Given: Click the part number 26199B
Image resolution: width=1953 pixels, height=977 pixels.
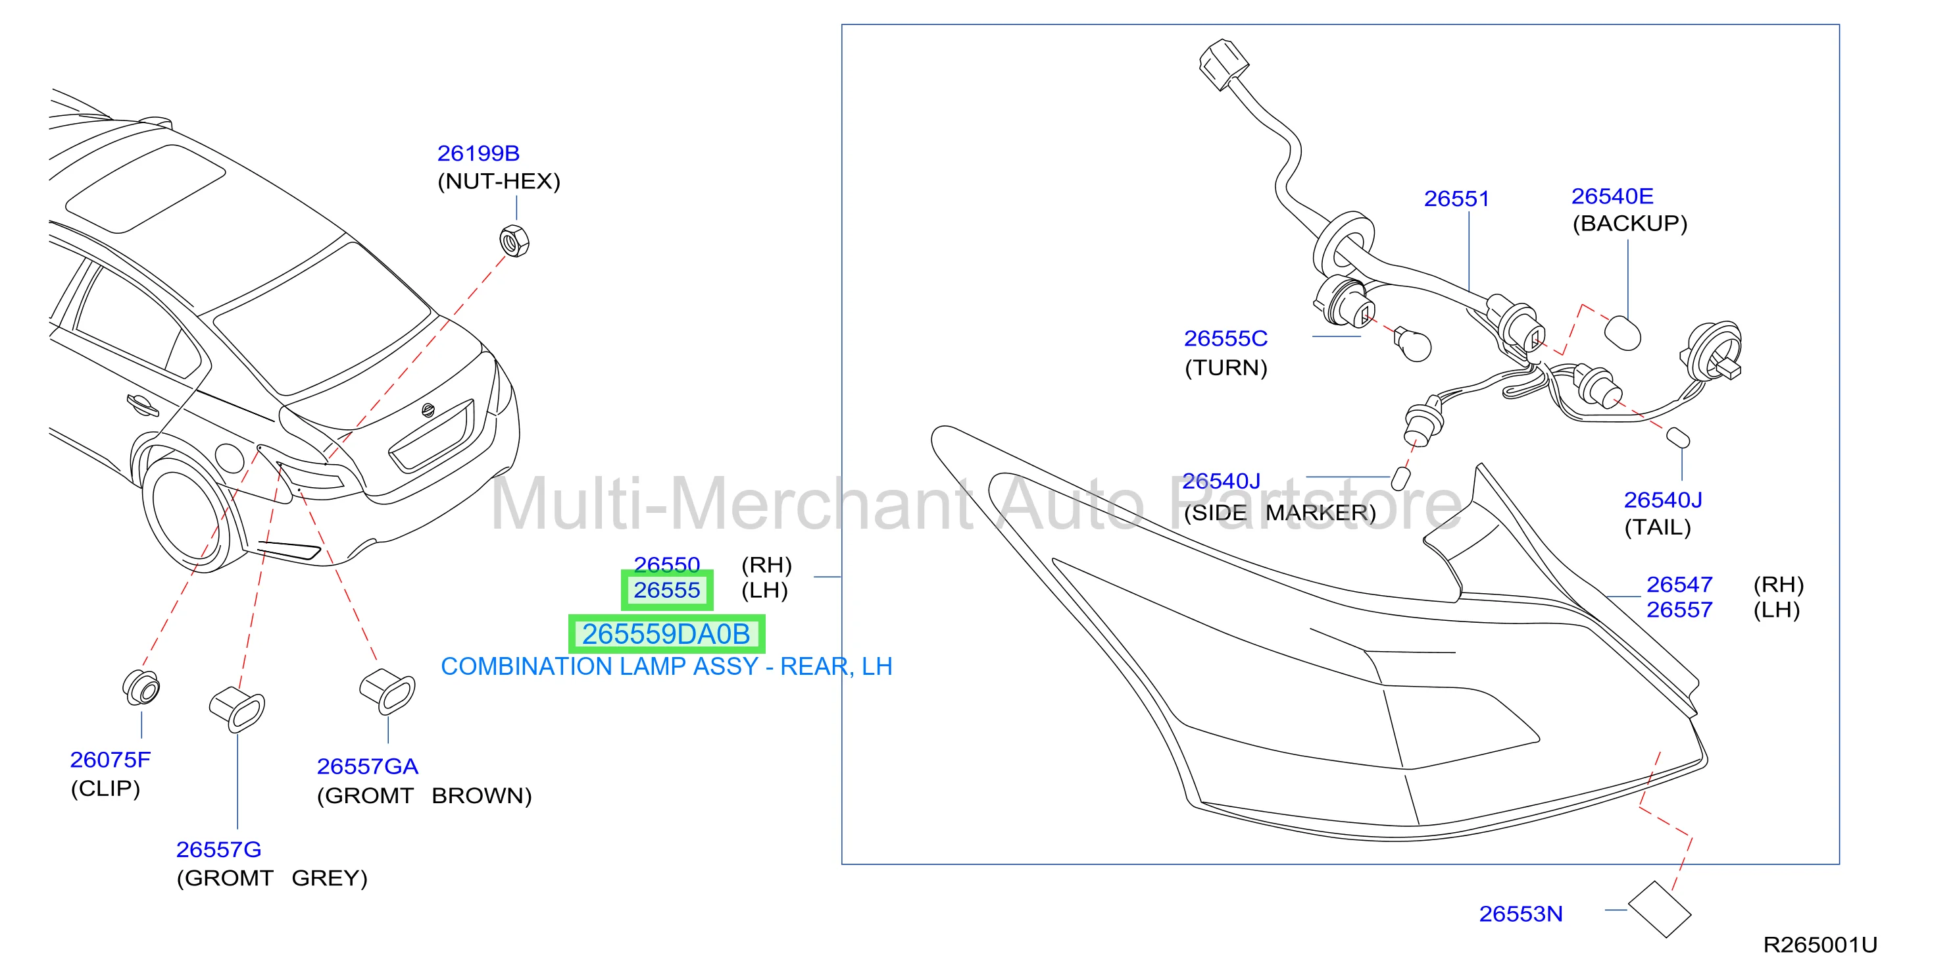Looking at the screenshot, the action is (x=478, y=153).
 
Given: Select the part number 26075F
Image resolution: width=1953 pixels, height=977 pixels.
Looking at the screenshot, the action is (x=110, y=759).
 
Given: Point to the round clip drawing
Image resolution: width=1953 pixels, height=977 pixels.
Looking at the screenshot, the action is (x=142, y=687).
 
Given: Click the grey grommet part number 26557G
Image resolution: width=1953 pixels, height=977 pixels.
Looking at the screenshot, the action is (x=218, y=849).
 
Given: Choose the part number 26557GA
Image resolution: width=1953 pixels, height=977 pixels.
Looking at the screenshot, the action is (x=367, y=766).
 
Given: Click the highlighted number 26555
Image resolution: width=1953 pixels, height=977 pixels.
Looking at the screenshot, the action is (x=666, y=590).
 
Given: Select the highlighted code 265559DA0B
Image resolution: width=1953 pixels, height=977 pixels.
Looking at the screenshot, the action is (x=666, y=634).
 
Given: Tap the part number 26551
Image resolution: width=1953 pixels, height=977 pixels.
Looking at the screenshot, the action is (x=1456, y=199).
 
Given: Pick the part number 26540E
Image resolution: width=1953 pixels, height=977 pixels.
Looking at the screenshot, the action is (x=1612, y=196).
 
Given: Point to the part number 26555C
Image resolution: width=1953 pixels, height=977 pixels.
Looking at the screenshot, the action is (x=1225, y=338).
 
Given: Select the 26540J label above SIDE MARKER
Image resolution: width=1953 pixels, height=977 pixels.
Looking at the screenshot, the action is (x=1221, y=481).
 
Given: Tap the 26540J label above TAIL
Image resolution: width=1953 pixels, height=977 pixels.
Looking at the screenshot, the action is (x=1663, y=500).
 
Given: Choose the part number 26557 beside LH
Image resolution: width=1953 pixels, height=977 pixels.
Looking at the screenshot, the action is (x=1679, y=610).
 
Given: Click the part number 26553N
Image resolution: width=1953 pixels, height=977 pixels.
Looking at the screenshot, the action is (x=1520, y=914).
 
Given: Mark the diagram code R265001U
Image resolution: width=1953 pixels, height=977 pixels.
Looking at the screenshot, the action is (x=1819, y=945).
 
